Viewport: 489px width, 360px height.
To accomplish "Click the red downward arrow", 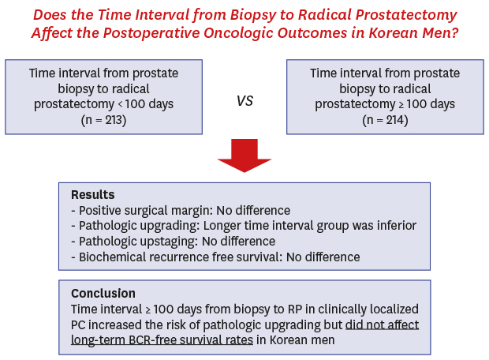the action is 244,156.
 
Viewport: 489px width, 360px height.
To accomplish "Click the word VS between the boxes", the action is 244,101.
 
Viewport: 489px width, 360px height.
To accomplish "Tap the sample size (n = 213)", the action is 103,120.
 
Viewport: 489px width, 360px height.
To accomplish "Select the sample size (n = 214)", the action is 385,120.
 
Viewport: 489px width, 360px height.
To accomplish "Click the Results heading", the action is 93,194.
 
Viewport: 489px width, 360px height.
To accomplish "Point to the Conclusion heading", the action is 103,293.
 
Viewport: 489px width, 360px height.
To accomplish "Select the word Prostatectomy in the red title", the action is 406,16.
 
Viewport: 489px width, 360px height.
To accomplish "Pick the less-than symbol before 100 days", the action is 120,104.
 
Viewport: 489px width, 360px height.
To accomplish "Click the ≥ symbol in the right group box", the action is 401,104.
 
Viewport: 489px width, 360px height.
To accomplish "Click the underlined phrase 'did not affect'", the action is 382,324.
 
